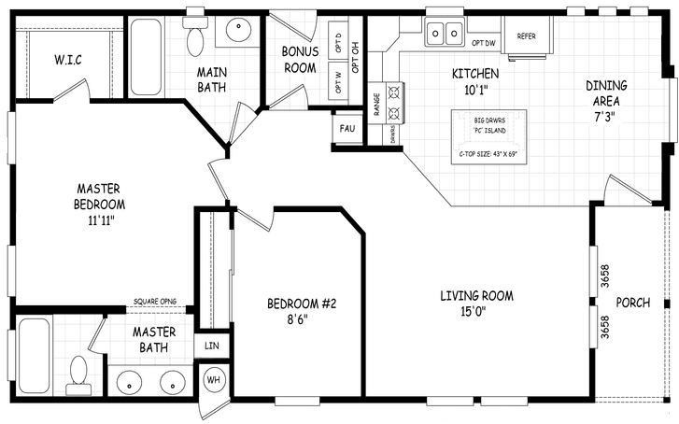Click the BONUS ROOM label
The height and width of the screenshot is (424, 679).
coord(301,59)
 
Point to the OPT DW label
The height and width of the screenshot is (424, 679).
coord(483,43)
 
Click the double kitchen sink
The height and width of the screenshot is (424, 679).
coord(445,34)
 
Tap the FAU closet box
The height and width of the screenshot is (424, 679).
coord(347,128)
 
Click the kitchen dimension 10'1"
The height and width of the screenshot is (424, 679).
coord(476,92)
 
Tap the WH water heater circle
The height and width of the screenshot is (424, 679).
coord(214,381)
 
